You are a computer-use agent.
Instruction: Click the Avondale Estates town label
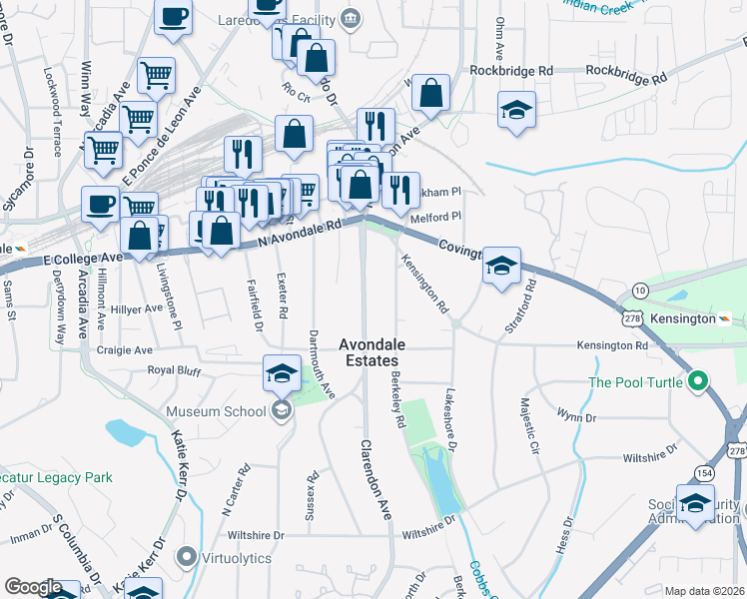pyautogui.click(x=369, y=351)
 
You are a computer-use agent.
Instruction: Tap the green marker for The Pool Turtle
pyautogui.click(x=698, y=381)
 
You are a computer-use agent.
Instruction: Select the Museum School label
pyautogui.click(x=216, y=411)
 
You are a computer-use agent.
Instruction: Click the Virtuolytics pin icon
pyautogui.click(x=186, y=557)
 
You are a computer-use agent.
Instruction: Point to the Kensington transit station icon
pyautogui.click(x=725, y=317)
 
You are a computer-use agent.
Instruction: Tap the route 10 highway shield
pyautogui.click(x=639, y=290)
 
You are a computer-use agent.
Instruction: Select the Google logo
pyautogui.click(x=33, y=587)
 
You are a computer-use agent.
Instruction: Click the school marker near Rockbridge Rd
pyautogui.click(x=516, y=111)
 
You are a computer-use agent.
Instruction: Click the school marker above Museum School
pyautogui.click(x=283, y=374)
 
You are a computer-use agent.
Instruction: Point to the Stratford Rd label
pyautogui.click(x=522, y=308)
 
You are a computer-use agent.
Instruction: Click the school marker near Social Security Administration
pyautogui.click(x=695, y=504)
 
